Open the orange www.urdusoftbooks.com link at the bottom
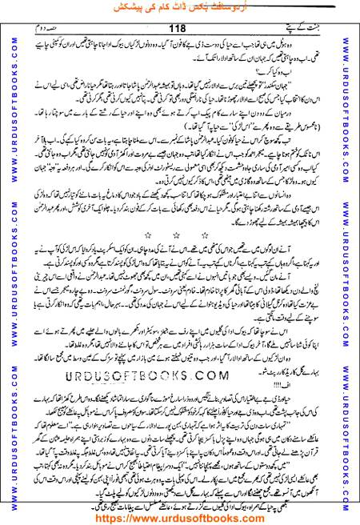click(x=180, y=517)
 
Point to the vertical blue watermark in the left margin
click(x=10, y=264)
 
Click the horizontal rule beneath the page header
click(x=180, y=36)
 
